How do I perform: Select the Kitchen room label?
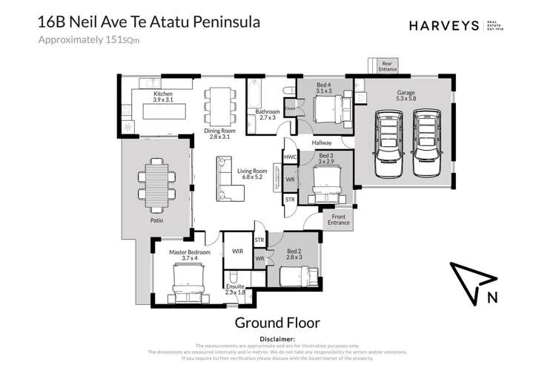163,97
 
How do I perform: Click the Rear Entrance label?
388,66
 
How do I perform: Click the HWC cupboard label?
290,158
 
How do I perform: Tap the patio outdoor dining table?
157,185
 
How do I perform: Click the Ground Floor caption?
277,323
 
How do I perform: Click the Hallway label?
321,144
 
